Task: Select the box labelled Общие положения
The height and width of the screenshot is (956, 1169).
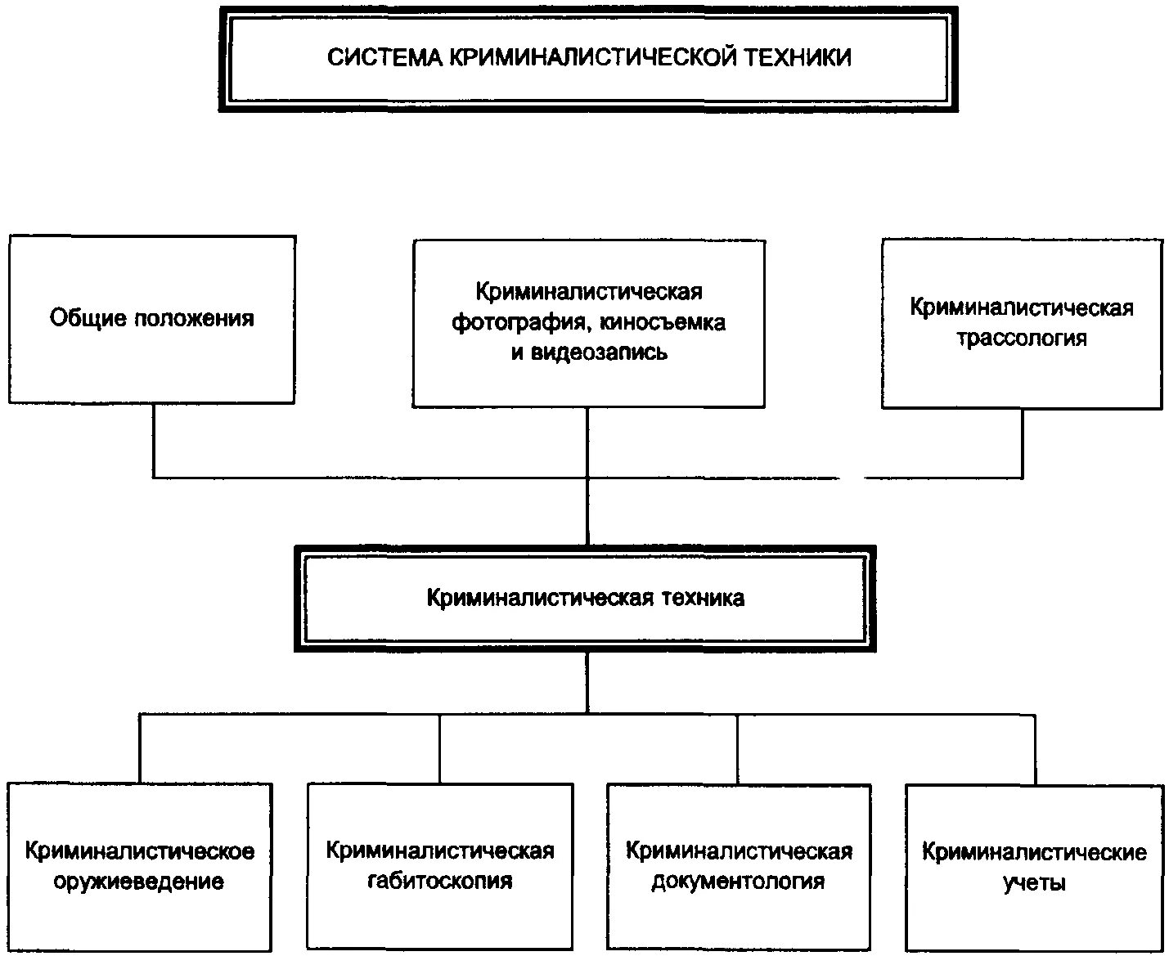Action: click(152, 319)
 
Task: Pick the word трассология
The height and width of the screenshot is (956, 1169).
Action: click(1022, 338)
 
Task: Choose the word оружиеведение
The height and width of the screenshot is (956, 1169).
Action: click(139, 882)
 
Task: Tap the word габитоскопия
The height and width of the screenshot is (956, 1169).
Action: click(440, 881)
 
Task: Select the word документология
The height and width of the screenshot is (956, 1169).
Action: click(738, 882)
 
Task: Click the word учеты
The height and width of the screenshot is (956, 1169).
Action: click(1034, 883)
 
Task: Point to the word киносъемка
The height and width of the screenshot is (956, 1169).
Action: click(663, 322)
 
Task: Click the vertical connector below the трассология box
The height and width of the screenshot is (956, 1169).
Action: click(1023, 442)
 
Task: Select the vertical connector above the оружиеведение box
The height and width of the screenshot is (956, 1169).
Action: click(140, 748)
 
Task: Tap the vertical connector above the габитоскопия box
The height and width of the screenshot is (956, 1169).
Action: click(440, 748)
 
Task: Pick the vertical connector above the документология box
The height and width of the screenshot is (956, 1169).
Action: click(738, 749)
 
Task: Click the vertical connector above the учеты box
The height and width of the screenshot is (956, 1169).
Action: click(1035, 749)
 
